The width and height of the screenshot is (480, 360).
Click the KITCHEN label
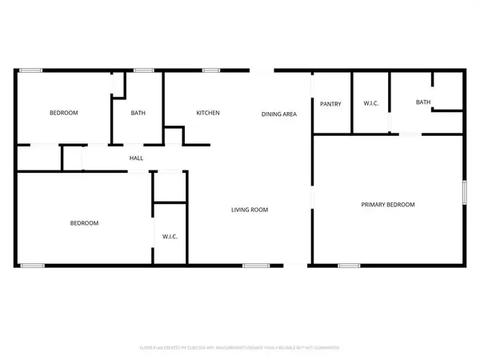click(x=208, y=113)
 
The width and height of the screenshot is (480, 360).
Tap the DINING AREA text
click(x=279, y=114)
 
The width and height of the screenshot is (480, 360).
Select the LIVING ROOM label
click(x=250, y=210)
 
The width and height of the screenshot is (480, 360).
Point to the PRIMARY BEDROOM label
click(x=388, y=205)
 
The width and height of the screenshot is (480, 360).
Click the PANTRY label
click(x=331, y=104)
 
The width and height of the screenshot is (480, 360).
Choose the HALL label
click(x=136, y=158)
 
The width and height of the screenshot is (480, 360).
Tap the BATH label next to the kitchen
click(x=138, y=113)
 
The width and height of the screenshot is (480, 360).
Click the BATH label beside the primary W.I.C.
click(x=423, y=102)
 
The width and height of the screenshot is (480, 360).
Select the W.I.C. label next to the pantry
click(x=370, y=103)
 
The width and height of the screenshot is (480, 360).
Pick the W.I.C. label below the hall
click(x=170, y=237)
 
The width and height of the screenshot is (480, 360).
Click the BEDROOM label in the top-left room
click(x=64, y=113)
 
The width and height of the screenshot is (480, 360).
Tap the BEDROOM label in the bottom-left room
click(x=84, y=223)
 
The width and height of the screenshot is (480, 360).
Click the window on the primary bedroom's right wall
click(x=463, y=195)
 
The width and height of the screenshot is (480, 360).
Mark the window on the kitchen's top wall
click(x=211, y=71)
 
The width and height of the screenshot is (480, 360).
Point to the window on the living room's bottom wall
click(x=255, y=265)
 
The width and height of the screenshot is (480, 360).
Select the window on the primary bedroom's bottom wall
click(x=349, y=265)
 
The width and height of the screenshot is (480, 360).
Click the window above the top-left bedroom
click(x=31, y=71)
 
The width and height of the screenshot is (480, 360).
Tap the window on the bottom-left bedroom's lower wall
click(x=33, y=265)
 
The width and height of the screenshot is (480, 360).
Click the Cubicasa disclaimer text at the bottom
click(x=240, y=348)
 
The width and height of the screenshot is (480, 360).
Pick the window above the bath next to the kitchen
click(x=144, y=71)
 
